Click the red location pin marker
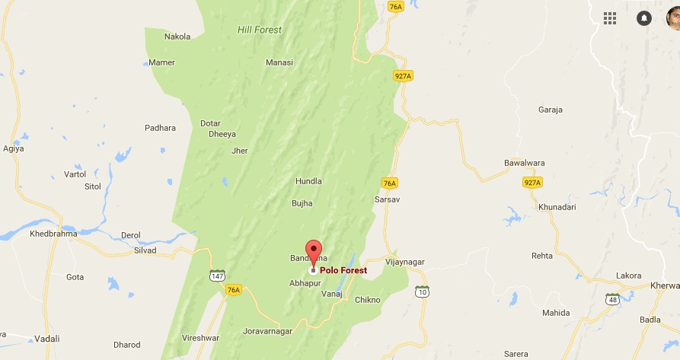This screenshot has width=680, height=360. (314, 250)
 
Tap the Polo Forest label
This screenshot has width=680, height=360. (343, 270)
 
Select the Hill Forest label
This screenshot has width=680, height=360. (259, 30)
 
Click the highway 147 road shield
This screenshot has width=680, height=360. (218, 275)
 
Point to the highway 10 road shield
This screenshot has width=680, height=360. (423, 291)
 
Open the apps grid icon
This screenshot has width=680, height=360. (610, 18)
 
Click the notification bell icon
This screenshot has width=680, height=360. (644, 18)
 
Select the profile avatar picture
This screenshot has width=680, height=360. (673, 18)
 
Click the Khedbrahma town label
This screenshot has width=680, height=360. (53, 234)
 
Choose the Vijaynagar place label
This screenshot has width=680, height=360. (404, 262)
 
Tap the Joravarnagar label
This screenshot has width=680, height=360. (268, 332)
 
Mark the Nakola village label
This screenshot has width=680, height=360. (177, 36)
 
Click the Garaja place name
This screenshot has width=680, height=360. (550, 110)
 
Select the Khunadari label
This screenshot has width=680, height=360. (559, 207)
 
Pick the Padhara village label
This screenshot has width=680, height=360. (160, 128)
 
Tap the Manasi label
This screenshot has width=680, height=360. (279, 62)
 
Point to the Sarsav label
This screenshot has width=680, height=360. (387, 199)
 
